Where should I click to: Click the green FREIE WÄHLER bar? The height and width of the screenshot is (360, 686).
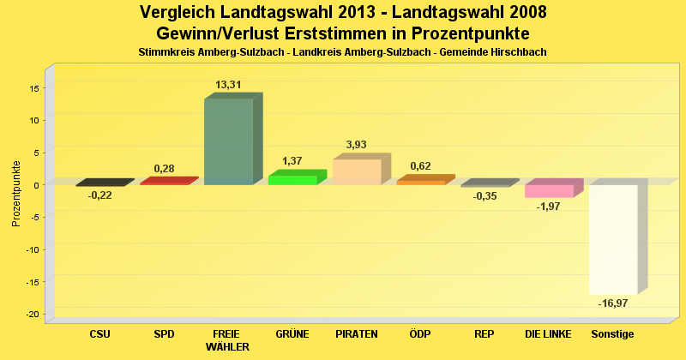(228, 141)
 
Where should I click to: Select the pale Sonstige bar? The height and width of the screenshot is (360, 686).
(613, 239)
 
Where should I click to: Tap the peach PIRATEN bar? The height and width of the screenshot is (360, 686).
(357, 171)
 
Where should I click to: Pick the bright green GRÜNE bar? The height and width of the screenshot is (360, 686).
(292, 179)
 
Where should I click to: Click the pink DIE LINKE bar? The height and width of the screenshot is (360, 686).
(549, 190)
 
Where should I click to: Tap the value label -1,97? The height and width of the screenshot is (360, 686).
(549, 207)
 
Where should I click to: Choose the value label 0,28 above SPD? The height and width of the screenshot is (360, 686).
(164, 169)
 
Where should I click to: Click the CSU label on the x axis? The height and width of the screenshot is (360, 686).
(100, 333)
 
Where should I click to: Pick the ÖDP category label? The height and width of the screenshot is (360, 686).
(421, 333)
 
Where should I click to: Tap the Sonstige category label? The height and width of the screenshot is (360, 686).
(613, 333)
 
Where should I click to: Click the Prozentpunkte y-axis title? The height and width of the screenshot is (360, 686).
(16, 192)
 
